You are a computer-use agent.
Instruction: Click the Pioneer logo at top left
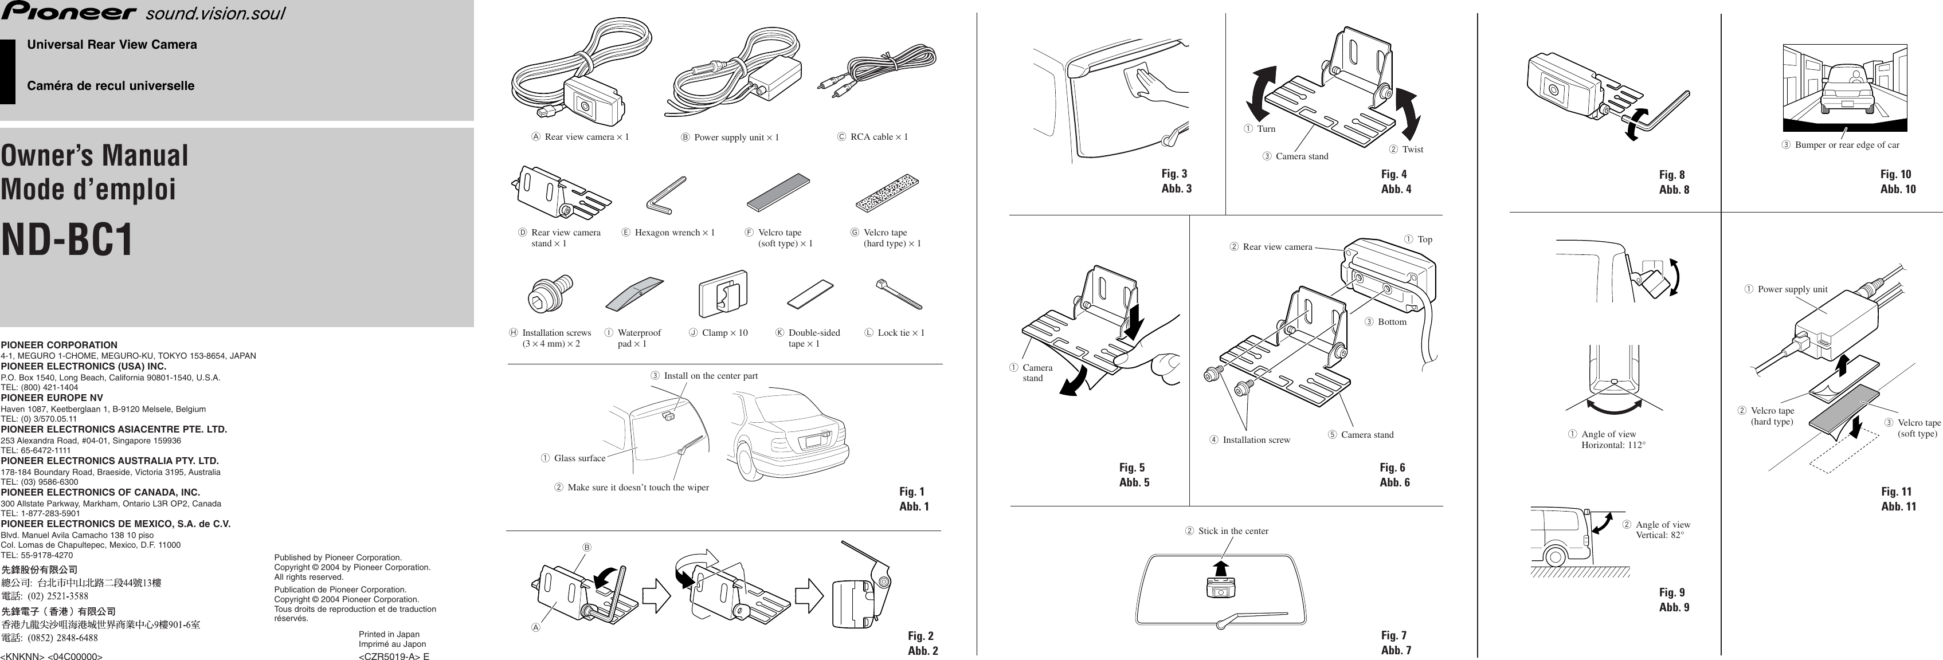click(x=68, y=12)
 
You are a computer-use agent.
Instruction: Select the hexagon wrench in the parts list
click(x=665, y=195)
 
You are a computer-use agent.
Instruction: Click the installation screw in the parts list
click(x=551, y=296)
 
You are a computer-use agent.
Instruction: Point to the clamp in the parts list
click(x=723, y=294)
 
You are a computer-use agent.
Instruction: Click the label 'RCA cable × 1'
click(x=879, y=136)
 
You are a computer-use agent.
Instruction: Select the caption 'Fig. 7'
click(x=1394, y=635)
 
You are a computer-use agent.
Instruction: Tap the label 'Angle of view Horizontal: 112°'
click(x=1613, y=439)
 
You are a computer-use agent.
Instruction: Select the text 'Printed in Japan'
click(x=389, y=634)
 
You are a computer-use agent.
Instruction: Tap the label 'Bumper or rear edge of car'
click(x=1847, y=145)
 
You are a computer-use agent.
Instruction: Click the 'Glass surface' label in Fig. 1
click(x=579, y=458)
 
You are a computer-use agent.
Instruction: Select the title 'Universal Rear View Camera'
click(x=112, y=45)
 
